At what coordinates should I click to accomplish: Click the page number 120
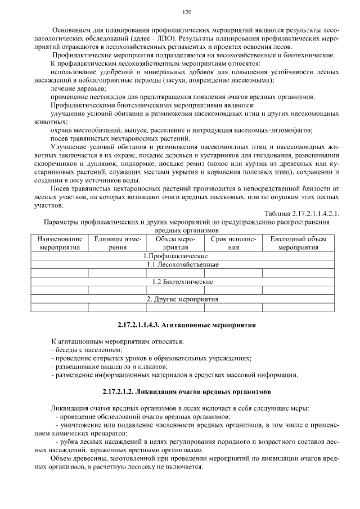pos(187,12)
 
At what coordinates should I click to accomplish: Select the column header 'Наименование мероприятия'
pos(59,243)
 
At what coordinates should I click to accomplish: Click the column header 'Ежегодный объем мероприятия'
pos(300,243)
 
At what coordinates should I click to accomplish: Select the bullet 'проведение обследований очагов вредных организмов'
pos(143,417)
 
